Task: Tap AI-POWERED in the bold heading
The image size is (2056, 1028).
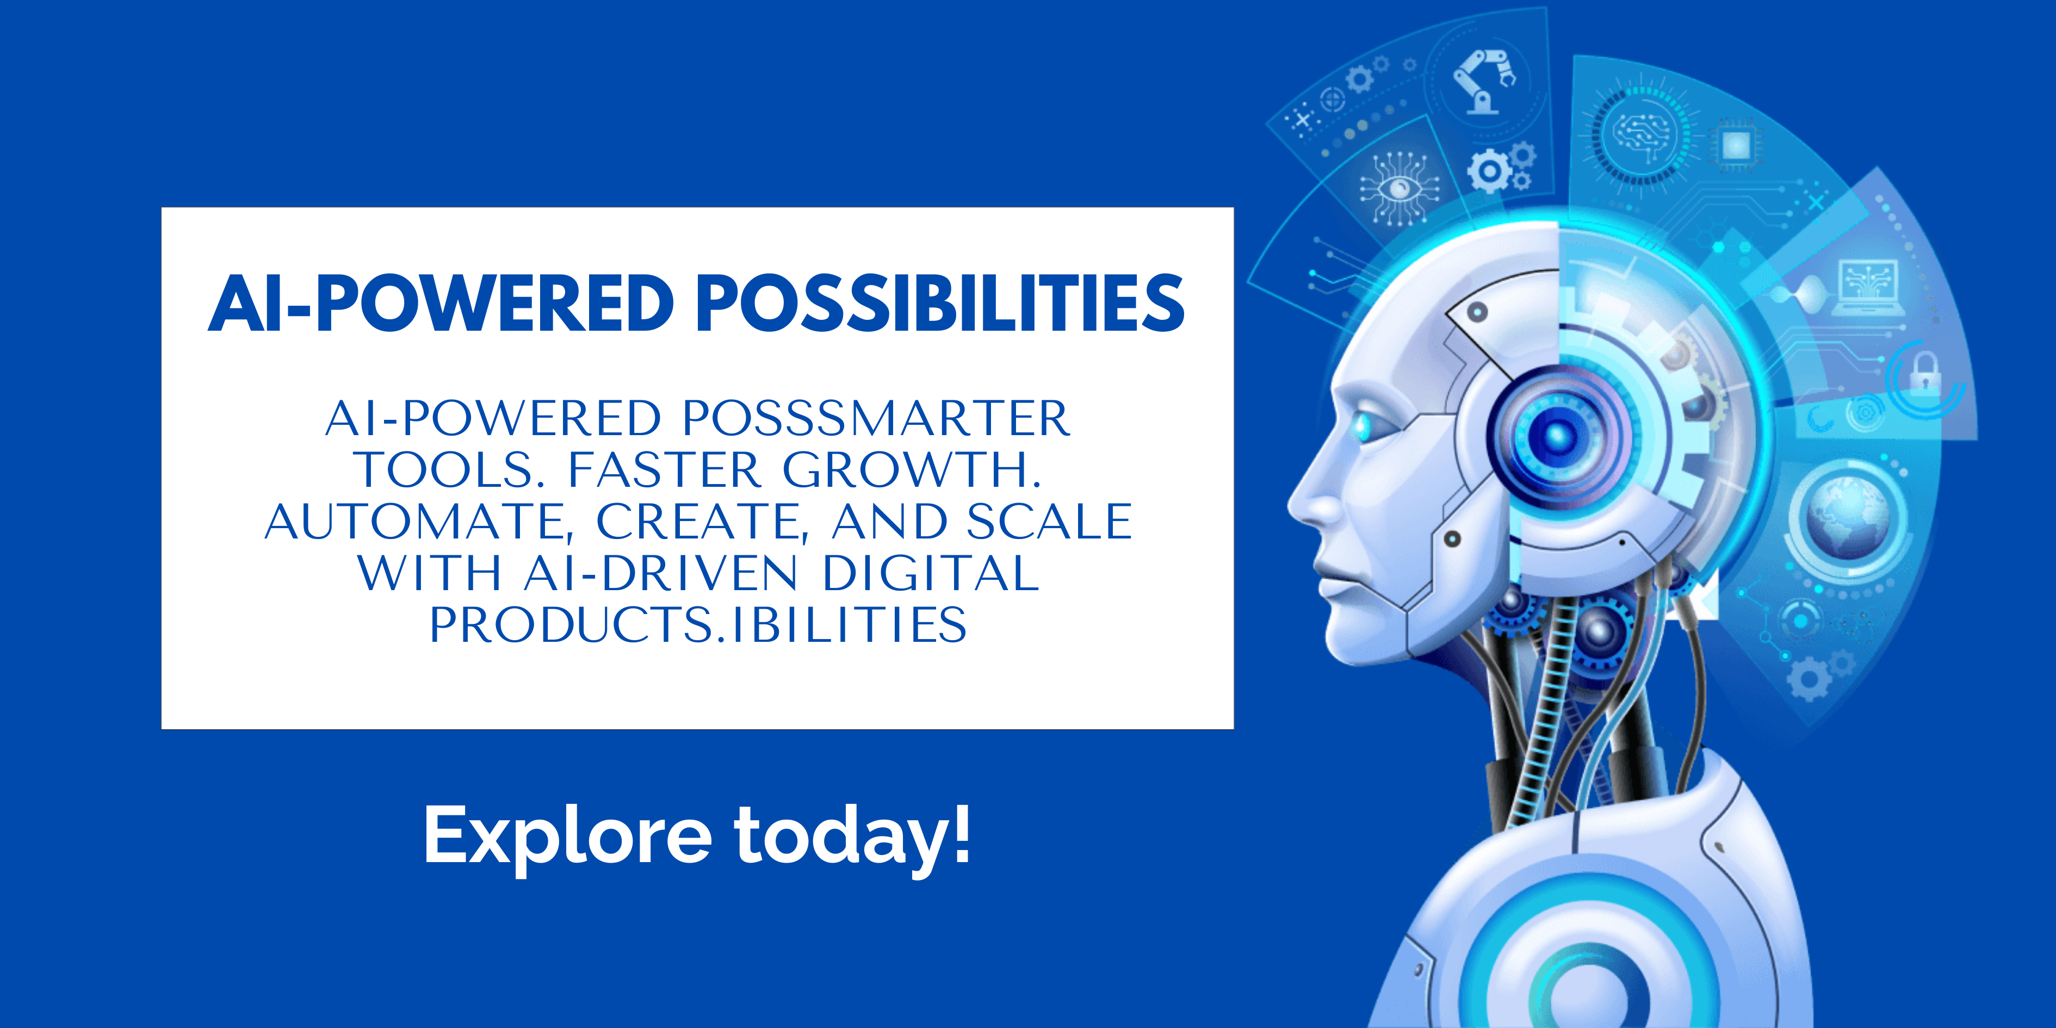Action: point(441,304)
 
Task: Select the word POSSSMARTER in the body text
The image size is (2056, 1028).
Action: point(876,418)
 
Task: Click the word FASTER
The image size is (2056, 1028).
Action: point(664,469)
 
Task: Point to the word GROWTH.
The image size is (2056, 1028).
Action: point(912,469)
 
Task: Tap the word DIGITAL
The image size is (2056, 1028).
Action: point(930,573)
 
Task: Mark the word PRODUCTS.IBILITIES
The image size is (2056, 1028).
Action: point(698,624)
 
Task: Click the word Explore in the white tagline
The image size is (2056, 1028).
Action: point(567,835)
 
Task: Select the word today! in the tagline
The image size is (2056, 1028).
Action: point(852,835)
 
